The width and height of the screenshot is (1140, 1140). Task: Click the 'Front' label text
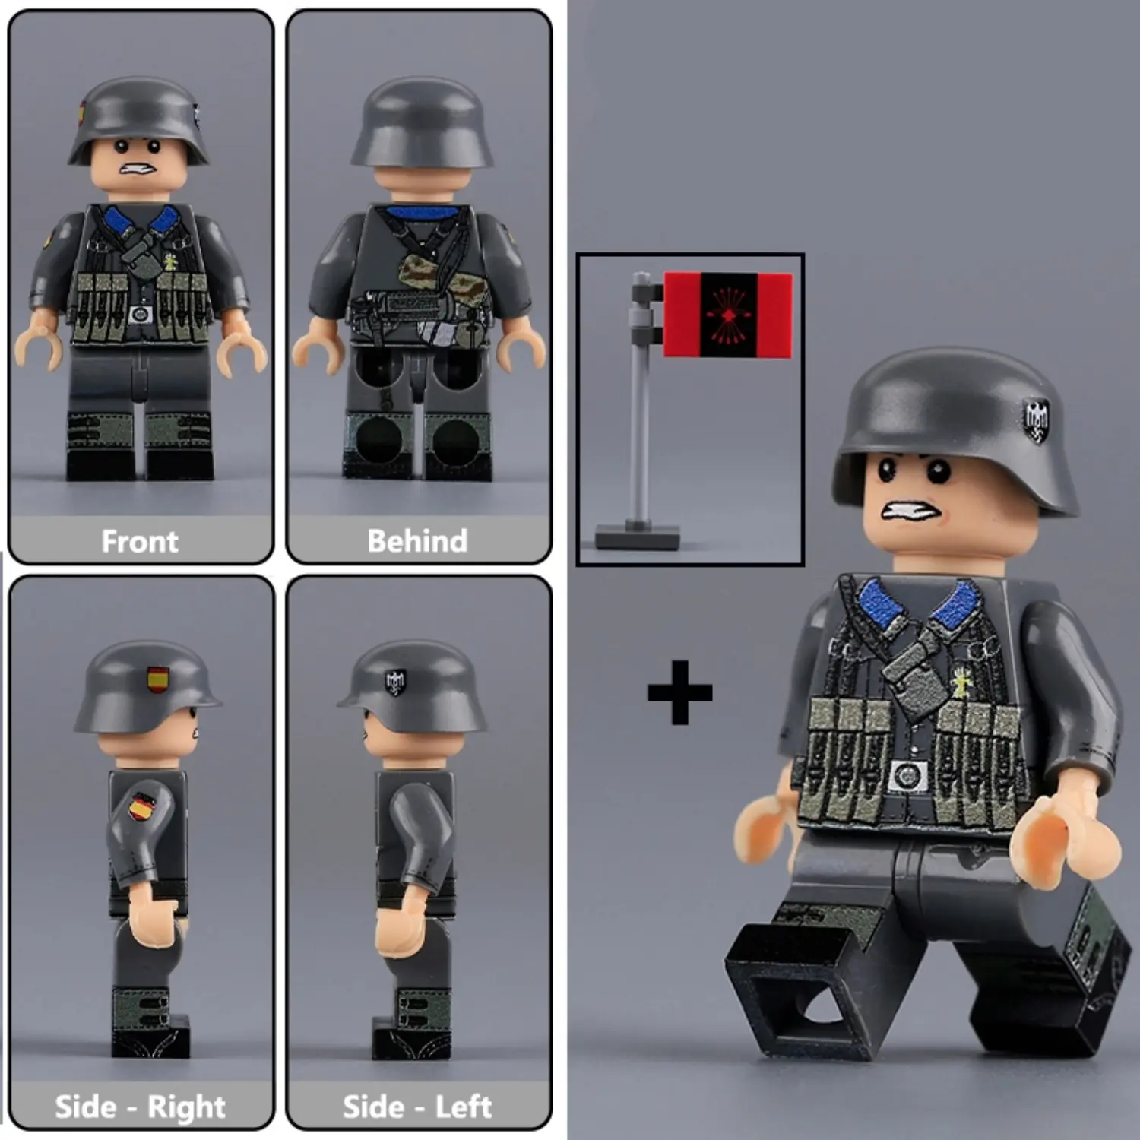click(x=140, y=541)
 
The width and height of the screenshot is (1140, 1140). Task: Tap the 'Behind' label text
click(x=417, y=541)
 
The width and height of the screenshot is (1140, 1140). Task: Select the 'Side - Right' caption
click(x=140, y=1107)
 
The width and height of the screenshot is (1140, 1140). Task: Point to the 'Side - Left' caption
click(x=417, y=1107)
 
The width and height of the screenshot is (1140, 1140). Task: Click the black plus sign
click(x=679, y=692)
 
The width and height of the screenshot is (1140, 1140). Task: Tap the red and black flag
click(x=727, y=315)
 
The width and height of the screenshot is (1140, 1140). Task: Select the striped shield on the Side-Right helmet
click(x=158, y=679)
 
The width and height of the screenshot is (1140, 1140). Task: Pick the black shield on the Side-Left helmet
click(x=395, y=682)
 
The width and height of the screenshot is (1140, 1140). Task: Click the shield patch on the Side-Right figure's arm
click(x=141, y=806)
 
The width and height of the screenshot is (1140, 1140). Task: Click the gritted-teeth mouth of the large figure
click(x=910, y=511)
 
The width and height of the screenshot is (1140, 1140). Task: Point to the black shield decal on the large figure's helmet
click(x=1036, y=421)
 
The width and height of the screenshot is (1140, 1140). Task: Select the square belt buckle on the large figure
click(x=907, y=776)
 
